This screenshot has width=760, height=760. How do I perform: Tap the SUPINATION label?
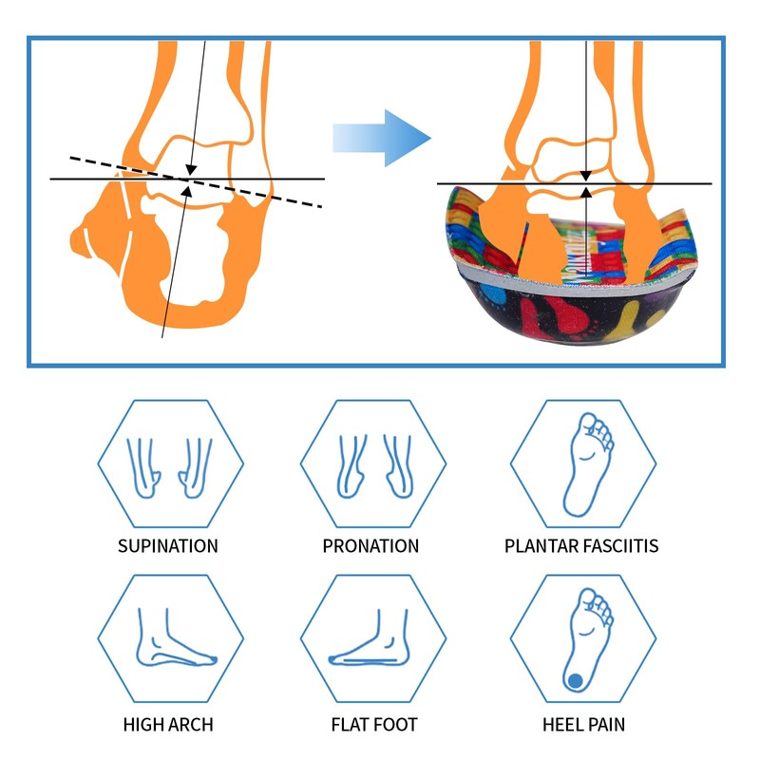(x=168, y=546)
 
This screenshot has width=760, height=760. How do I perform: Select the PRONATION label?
(x=370, y=546)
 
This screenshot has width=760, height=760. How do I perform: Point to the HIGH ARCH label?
(x=168, y=725)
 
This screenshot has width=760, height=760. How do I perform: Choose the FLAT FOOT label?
(x=374, y=725)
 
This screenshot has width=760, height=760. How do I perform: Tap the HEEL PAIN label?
(x=583, y=725)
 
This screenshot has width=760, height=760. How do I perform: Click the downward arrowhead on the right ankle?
(x=585, y=175)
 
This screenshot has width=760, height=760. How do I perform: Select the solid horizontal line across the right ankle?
(x=665, y=183)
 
